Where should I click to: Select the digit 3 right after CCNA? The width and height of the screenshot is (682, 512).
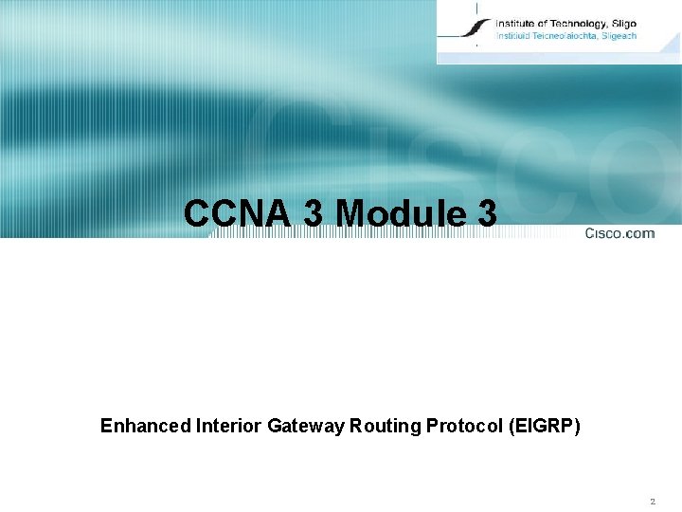click(x=313, y=214)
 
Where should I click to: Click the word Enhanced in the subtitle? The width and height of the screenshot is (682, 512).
click(x=145, y=427)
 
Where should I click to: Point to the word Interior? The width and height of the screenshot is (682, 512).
click(x=228, y=427)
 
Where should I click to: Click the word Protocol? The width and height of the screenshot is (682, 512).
click(x=458, y=427)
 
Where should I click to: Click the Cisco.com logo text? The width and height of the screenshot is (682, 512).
click(x=619, y=233)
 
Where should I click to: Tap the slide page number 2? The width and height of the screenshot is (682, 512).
click(x=653, y=500)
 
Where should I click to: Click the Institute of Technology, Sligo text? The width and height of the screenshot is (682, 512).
click(x=565, y=24)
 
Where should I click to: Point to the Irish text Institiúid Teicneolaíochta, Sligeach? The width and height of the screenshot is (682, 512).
click(x=565, y=36)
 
